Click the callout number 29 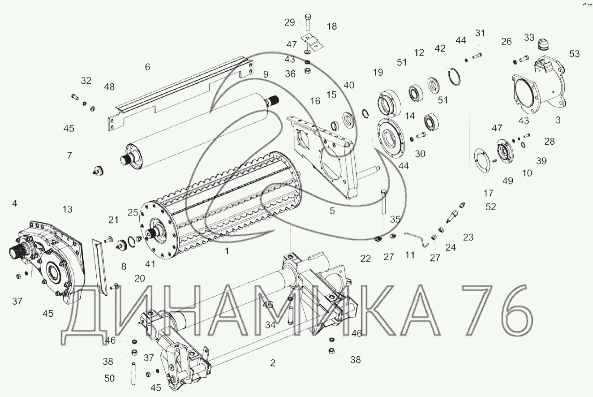289,22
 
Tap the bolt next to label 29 308,22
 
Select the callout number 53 574,54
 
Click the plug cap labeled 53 543,44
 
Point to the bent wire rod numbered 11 417,238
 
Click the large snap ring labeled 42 455,77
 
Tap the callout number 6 147,67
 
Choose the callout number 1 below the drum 227,251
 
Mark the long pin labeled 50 133,374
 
